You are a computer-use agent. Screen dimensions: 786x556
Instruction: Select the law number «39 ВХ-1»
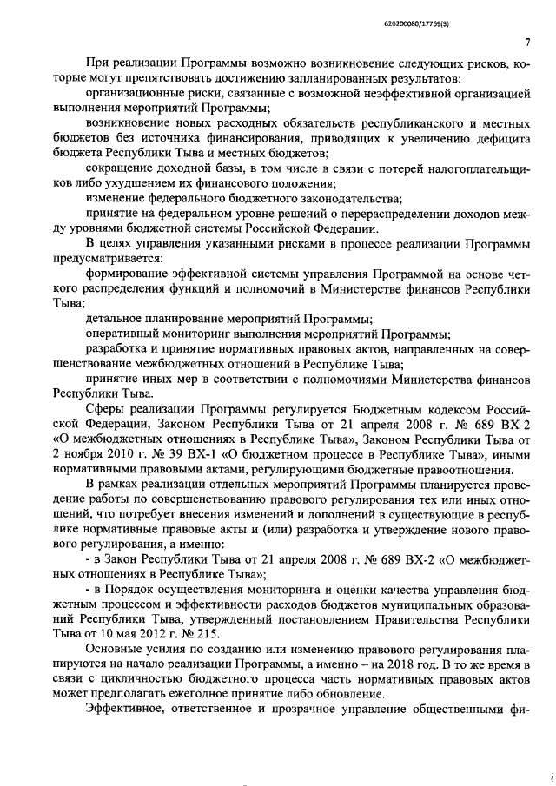click(x=184, y=456)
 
